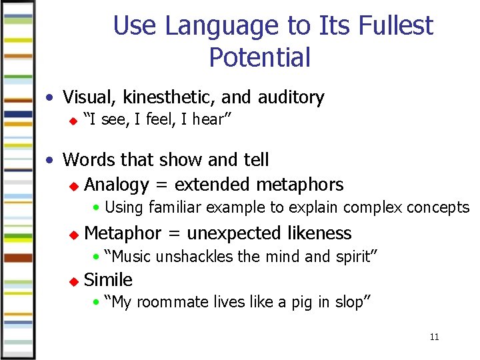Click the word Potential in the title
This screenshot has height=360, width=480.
pyautogui.click(x=259, y=57)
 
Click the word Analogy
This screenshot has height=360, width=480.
pyautogui.click(x=117, y=185)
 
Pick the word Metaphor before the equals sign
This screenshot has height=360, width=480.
pyautogui.click(x=123, y=233)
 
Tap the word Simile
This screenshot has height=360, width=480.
pyautogui.click(x=109, y=280)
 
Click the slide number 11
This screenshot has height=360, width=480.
pyautogui.click(x=434, y=337)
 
